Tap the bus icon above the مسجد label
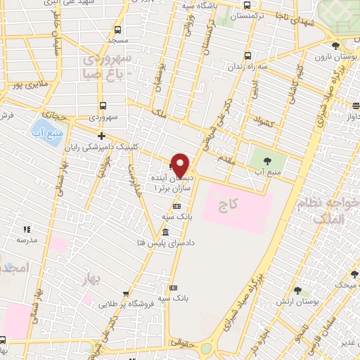[x=117, y=30]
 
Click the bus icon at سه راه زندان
[x=247, y=56]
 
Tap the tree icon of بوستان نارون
[x=337, y=44]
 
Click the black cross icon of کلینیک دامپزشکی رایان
[x=102, y=136]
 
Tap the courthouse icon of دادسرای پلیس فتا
[x=165, y=233]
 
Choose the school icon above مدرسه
[x=27, y=229]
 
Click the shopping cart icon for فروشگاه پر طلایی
[x=126, y=295]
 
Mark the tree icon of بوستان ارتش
[x=298, y=290]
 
